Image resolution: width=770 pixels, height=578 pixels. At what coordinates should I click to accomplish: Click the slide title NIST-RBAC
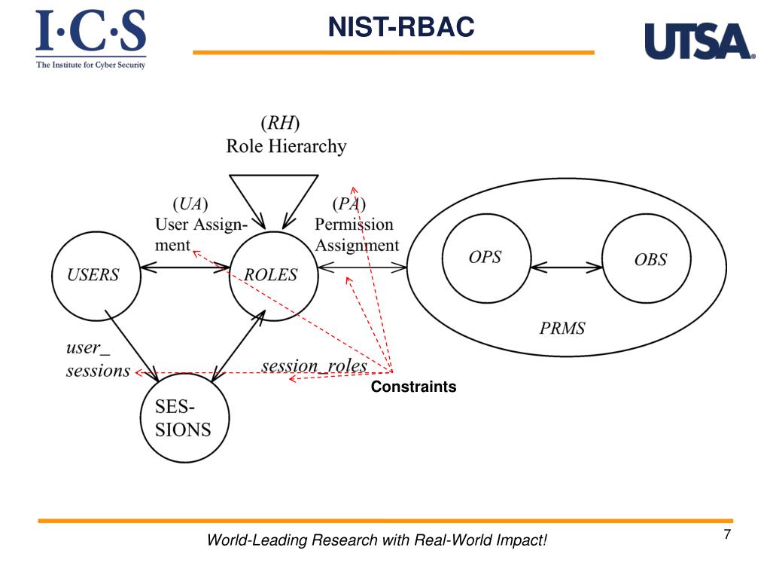[x=401, y=28]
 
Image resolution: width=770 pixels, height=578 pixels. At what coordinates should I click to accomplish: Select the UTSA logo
[x=699, y=41]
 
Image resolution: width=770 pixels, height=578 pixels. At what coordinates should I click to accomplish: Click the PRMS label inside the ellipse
[x=562, y=328]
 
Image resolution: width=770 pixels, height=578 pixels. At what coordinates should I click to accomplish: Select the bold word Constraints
[x=413, y=387]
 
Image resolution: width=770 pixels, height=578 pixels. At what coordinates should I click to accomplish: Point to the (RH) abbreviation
[x=280, y=122]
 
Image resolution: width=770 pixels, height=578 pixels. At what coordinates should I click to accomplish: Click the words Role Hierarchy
[x=286, y=146]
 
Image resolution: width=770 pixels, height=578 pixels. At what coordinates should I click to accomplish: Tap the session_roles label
[x=315, y=366]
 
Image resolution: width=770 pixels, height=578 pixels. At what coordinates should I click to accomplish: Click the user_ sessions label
[x=97, y=360]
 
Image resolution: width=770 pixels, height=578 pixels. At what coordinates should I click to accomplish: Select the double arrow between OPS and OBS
[x=566, y=267]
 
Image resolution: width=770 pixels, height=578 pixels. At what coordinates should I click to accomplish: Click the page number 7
[x=727, y=535]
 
